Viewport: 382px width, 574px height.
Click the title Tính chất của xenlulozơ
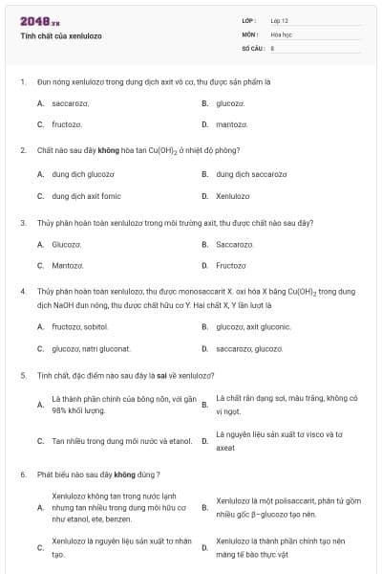click(61, 35)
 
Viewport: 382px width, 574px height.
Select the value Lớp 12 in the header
click(279, 20)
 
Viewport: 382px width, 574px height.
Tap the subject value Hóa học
click(281, 33)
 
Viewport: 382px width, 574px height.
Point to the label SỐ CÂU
click(251, 47)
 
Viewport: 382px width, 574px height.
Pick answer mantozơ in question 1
click(232, 124)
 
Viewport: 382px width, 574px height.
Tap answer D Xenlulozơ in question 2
click(233, 196)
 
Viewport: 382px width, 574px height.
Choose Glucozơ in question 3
click(67, 244)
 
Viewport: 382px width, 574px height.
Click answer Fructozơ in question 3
click(232, 266)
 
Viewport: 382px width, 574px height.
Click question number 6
click(22, 474)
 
